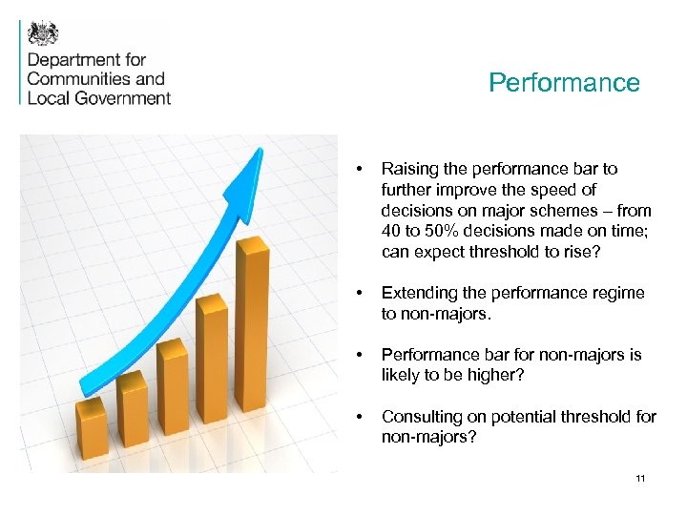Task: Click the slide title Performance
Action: point(564,83)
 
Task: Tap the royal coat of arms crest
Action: point(43,33)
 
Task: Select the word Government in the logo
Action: point(123,97)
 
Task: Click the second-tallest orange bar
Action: point(212,377)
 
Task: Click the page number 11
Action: point(640,478)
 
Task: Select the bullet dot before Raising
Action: point(357,169)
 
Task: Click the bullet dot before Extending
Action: point(357,293)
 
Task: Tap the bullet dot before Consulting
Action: point(357,417)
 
